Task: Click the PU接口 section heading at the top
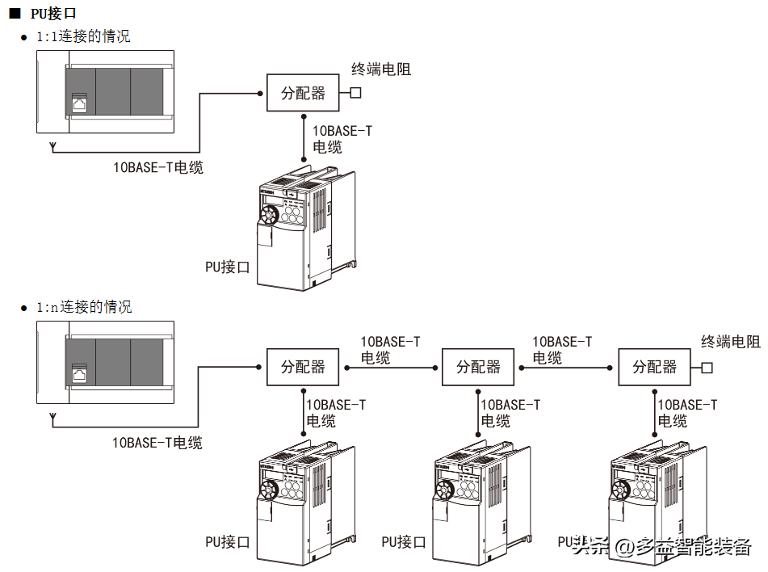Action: point(53,14)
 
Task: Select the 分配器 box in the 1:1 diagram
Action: point(304,93)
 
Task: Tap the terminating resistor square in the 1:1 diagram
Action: point(355,93)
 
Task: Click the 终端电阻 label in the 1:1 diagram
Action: point(381,69)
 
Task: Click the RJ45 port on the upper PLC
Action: point(79,103)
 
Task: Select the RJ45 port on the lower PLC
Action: point(79,373)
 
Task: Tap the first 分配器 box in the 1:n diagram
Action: point(303,367)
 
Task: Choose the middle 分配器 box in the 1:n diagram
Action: point(479,367)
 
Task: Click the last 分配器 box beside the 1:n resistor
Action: point(655,367)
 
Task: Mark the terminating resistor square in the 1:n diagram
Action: point(707,368)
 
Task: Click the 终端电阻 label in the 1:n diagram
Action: point(731,342)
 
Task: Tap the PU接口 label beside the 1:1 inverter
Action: point(227,267)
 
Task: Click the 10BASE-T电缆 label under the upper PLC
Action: point(157,167)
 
